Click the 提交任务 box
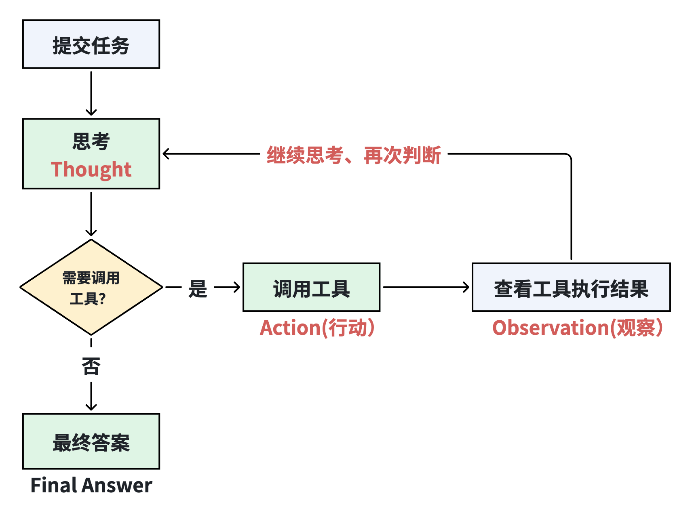[x=91, y=44]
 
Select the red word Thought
[x=91, y=169]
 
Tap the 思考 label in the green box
[x=91, y=141]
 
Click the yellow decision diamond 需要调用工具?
[x=91, y=287]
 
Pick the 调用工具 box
[x=311, y=287]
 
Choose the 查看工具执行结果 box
[x=571, y=287]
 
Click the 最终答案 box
[x=91, y=441]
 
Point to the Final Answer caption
[x=91, y=485]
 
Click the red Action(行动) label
[x=317, y=328]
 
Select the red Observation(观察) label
[x=577, y=328]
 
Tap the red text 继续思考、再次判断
[x=354, y=155]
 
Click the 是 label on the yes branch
[x=198, y=288]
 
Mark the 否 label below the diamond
[x=91, y=366]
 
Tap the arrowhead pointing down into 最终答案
[x=91, y=407]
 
